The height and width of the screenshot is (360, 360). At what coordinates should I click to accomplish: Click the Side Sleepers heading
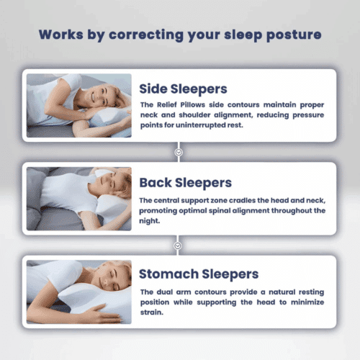[183, 89]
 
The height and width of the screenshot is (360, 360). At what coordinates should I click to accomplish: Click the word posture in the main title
[292, 35]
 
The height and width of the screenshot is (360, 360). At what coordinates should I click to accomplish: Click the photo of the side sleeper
[79, 105]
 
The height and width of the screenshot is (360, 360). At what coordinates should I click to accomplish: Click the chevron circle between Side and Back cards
[179, 152]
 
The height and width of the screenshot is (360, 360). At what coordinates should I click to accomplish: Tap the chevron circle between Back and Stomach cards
[179, 245]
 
